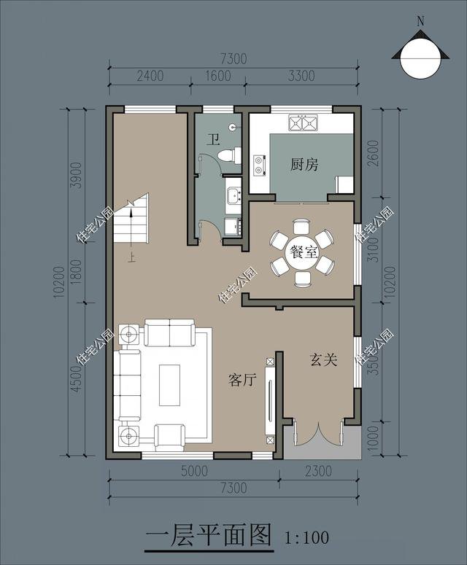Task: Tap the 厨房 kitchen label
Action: pyautogui.click(x=304, y=165)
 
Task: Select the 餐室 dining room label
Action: pyautogui.click(x=303, y=253)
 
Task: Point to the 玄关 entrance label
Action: pyautogui.click(x=323, y=359)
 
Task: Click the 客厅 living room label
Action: pyautogui.click(x=242, y=380)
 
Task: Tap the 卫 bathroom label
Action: pyautogui.click(x=212, y=139)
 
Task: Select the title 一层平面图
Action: pyautogui.click(x=209, y=537)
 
